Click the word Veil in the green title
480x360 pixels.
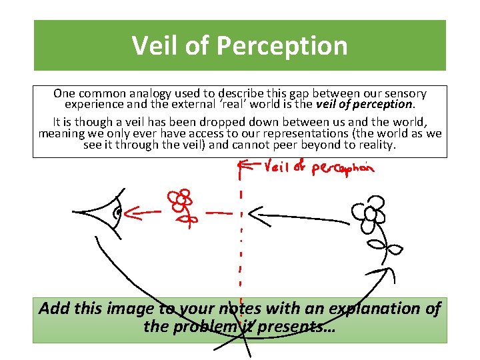(155, 45)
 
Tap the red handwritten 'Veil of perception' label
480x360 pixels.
(319, 167)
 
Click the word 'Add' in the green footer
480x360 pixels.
(53, 309)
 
